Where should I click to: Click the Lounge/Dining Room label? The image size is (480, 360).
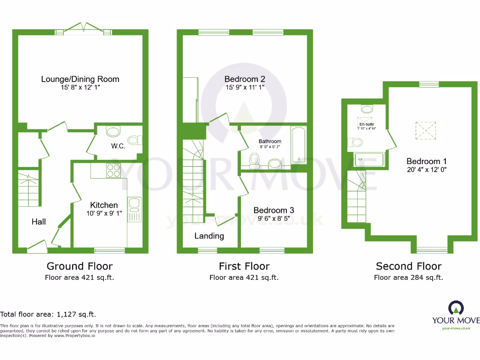pos(80,79)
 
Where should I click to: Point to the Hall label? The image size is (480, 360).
pos(39,221)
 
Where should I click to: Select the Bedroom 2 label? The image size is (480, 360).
pos(244,79)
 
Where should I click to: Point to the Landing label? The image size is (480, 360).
pos(209,236)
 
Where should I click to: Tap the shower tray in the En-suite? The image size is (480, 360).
pos(370,160)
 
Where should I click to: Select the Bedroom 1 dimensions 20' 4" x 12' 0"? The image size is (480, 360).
pos(427,170)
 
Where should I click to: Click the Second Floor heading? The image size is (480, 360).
pos(408,266)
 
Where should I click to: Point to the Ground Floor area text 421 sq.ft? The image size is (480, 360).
pos(80,277)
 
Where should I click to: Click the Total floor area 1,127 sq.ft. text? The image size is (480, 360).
pos(48,314)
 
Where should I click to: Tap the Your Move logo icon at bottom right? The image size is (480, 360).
pos(456,308)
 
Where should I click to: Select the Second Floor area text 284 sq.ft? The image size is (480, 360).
pos(408,277)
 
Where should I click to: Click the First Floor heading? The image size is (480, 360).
pos(244,266)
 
